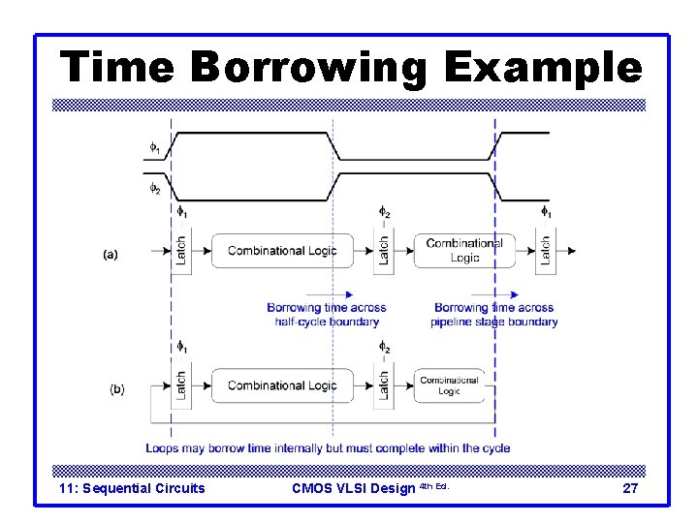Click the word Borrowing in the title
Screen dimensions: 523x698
(x=309, y=69)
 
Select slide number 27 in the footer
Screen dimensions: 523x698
(x=629, y=488)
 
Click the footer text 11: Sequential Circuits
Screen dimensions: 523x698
(x=132, y=488)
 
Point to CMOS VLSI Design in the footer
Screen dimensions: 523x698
(x=353, y=488)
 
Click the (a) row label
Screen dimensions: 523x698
(x=110, y=255)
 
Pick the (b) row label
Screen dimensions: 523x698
(x=116, y=389)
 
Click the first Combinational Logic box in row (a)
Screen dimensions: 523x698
(x=281, y=251)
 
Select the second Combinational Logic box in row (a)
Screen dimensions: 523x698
(x=464, y=251)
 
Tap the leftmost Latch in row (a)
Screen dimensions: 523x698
(x=180, y=251)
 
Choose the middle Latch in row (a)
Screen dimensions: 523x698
(x=384, y=251)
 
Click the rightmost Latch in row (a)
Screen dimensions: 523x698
(x=546, y=251)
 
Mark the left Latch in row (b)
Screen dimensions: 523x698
(x=180, y=385)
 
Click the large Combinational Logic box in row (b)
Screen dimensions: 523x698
(x=281, y=385)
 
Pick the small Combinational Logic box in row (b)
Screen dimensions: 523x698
(x=449, y=385)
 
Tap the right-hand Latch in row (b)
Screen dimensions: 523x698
(x=384, y=385)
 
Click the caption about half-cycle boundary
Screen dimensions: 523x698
(x=326, y=315)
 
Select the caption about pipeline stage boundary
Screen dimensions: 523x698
(x=494, y=315)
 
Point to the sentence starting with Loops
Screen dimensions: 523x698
(x=328, y=448)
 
